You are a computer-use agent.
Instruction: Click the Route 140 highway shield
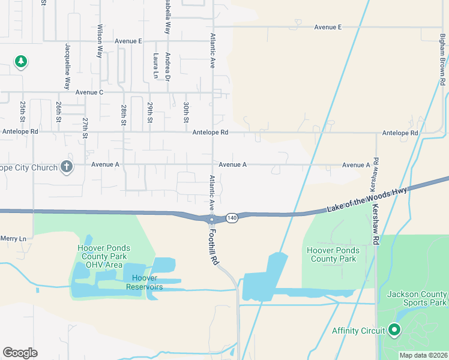click(232, 217)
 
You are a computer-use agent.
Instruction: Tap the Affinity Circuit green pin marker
click(394, 329)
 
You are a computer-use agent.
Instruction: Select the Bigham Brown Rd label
click(441, 55)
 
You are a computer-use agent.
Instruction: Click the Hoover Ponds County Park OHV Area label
click(104, 256)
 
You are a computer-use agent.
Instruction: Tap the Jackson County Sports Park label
click(417, 298)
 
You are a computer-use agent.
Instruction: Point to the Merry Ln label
click(13, 238)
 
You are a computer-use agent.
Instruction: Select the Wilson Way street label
click(100, 40)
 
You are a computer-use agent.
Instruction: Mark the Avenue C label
click(89, 92)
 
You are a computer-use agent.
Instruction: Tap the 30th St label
click(186, 112)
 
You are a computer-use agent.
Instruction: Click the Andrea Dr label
click(168, 67)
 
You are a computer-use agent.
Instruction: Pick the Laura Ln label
click(155, 65)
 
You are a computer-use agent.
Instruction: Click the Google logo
click(20, 353)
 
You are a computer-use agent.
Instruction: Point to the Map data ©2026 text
click(423, 355)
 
